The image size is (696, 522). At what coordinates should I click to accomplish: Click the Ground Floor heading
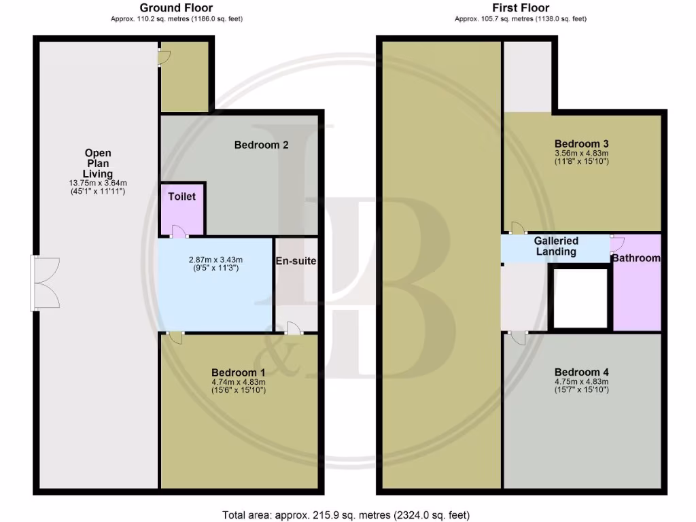point(176,8)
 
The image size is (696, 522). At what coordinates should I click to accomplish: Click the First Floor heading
point(520,8)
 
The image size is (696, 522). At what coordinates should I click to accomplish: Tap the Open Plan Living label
point(97,164)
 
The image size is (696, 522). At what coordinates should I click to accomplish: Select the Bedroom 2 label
point(262,145)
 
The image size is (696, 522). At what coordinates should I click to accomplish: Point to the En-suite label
point(296,261)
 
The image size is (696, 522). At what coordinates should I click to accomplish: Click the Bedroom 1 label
point(238,372)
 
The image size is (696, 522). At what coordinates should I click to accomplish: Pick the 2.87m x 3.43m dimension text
point(216,260)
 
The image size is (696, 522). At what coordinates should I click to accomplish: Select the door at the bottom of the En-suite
point(293,328)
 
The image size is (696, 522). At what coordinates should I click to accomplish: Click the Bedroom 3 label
point(581,144)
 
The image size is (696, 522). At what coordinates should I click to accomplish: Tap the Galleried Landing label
point(556,246)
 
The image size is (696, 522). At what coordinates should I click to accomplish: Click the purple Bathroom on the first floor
point(636,279)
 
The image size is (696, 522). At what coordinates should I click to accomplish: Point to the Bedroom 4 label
point(581,372)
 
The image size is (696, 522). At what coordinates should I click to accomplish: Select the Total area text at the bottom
point(346,515)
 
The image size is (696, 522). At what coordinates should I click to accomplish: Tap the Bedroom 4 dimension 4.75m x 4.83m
point(581,382)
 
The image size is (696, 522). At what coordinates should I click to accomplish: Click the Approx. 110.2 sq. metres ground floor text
point(176,19)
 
